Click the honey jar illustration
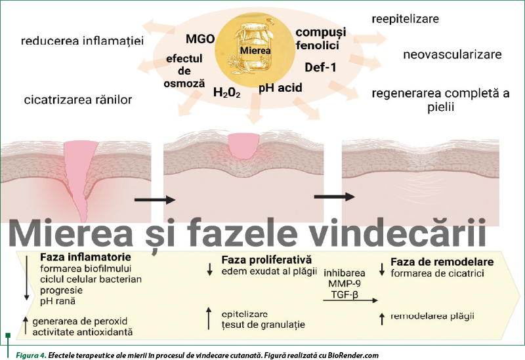point(255,48)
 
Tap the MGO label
point(200,39)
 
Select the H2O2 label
point(226,92)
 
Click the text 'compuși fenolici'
point(317,39)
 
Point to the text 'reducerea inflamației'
point(82,41)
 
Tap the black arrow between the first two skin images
point(155,199)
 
